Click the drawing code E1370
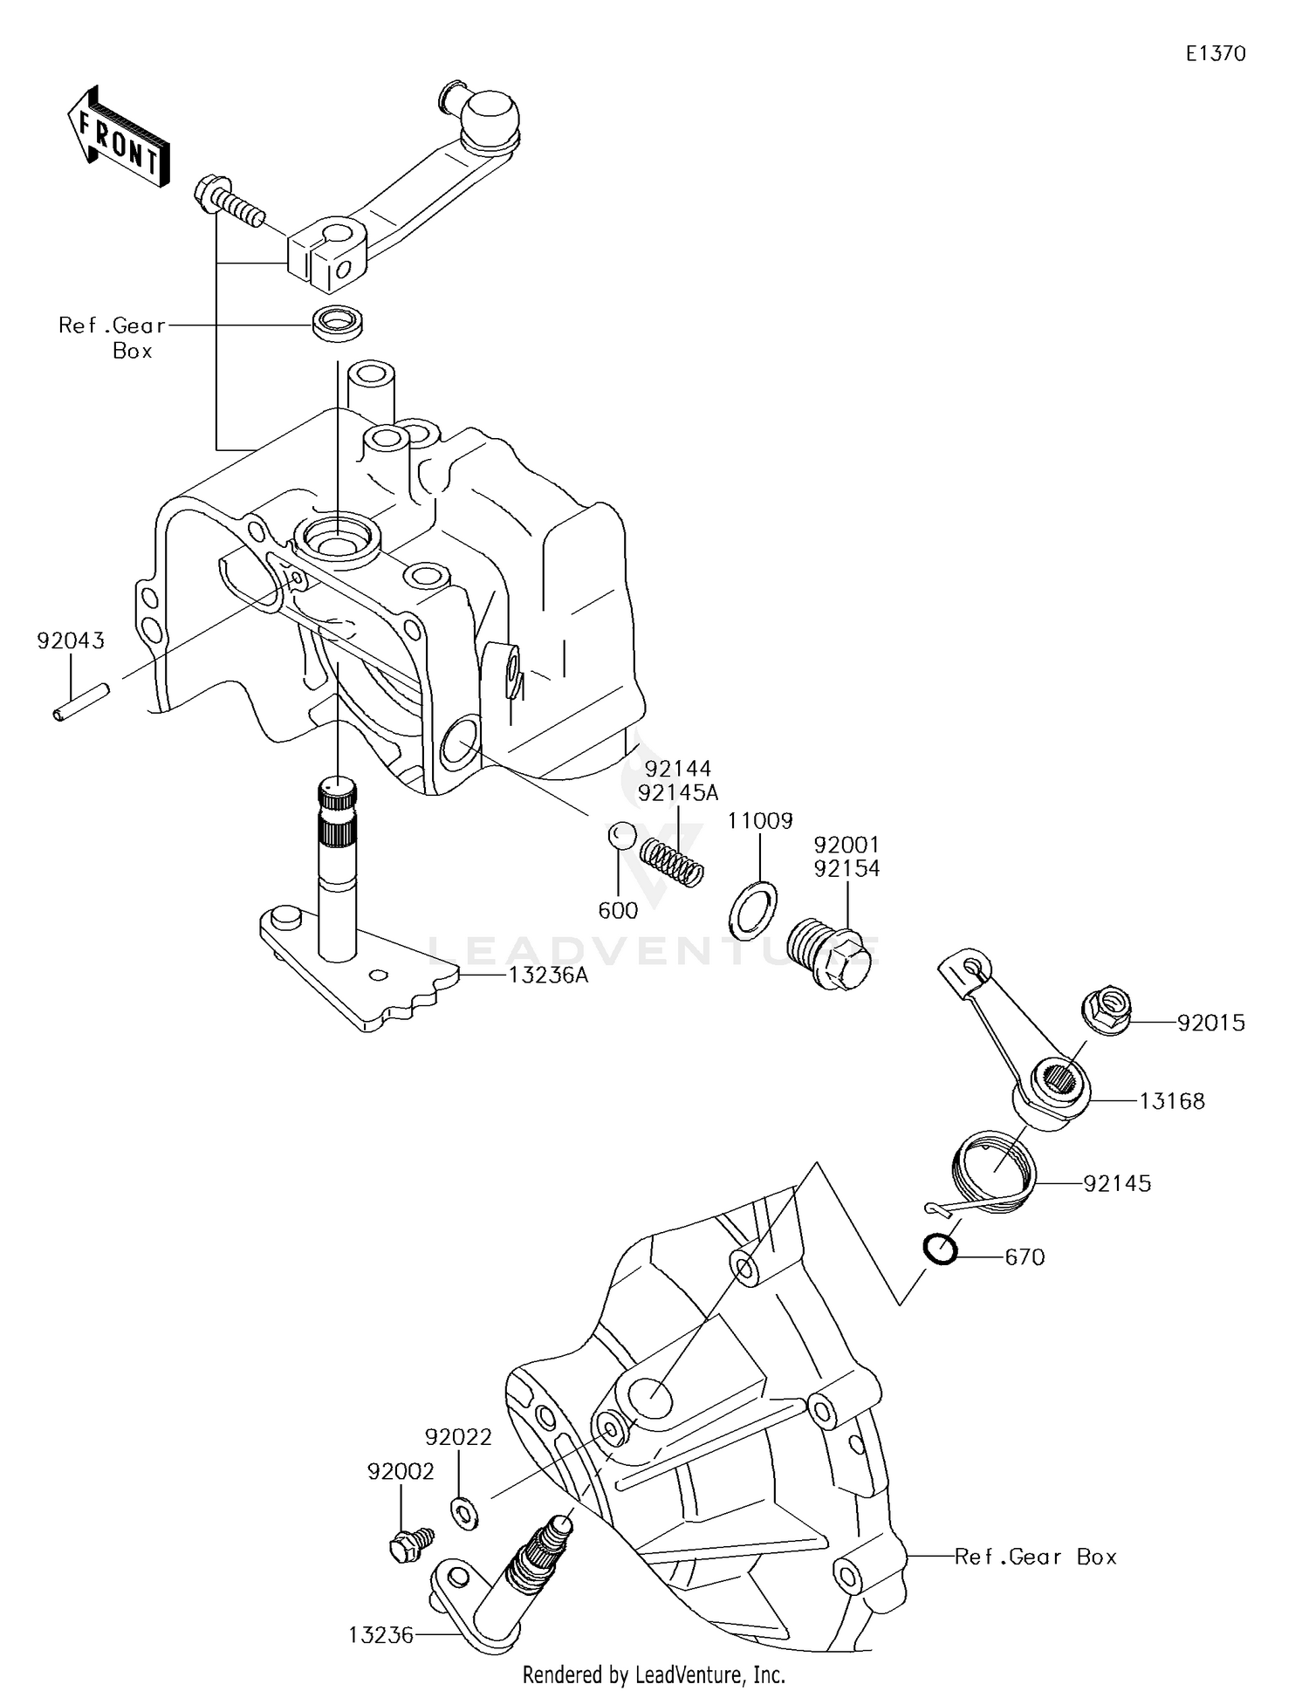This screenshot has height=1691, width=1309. tap(1215, 54)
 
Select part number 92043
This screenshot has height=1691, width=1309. tap(70, 641)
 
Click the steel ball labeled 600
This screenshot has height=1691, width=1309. tap(620, 834)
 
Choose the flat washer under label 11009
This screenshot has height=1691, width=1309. tap(752, 908)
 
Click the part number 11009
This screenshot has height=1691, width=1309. tap(760, 821)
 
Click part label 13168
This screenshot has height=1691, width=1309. tap(1172, 1101)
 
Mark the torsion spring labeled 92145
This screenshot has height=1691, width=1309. tap(992, 1169)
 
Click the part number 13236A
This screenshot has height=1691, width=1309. tap(548, 975)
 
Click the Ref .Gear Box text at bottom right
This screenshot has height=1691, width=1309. tap(1035, 1557)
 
